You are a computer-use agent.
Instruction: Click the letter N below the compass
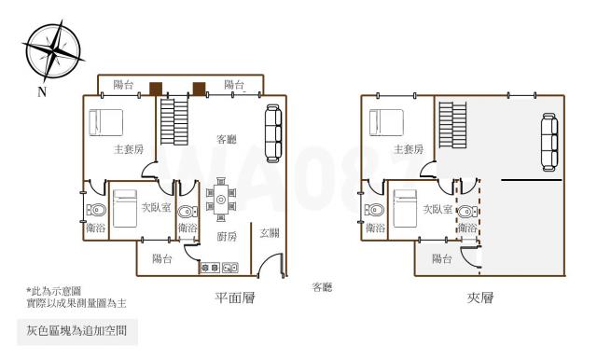pos(42,91)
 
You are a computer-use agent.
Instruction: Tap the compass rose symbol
pos(53,50)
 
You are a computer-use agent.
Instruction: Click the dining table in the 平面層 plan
pos(221,200)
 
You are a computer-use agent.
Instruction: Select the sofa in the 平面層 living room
pos(273,133)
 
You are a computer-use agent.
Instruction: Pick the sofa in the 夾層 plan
pos(549,142)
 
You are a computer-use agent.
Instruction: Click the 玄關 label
pos(270,232)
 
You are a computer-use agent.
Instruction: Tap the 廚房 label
pos(227,237)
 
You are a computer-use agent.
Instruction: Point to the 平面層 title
pos(235,298)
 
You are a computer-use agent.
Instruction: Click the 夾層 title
pos(480,298)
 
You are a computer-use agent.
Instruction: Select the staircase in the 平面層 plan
pos(174,121)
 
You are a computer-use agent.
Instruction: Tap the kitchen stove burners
pos(210,268)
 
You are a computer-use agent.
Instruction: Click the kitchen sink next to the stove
pos(230,268)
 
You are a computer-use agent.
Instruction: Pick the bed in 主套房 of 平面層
pos(105,122)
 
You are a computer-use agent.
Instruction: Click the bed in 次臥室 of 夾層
pos(405,209)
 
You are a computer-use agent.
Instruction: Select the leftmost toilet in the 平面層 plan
pos(96,210)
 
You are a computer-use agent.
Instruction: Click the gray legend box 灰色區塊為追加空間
pos(77,332)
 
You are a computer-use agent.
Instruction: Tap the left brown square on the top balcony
pos(156,89)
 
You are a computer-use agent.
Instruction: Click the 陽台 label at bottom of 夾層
pos(442,259)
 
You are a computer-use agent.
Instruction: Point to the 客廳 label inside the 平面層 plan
pos(227,139)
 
